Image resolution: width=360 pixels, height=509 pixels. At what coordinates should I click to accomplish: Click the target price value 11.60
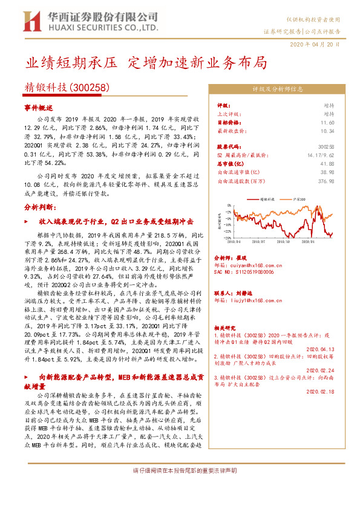[327, 122]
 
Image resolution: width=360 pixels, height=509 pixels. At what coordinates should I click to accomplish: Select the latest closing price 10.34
[327, 131]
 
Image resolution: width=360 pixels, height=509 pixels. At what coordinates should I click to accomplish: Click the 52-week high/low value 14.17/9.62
[321, 155]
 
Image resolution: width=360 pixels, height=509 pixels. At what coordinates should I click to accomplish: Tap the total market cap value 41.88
[327, 164]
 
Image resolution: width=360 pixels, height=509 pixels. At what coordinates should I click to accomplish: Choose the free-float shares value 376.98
[326, 181]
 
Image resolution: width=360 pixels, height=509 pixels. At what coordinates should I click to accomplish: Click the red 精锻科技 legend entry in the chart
[267, 198]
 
